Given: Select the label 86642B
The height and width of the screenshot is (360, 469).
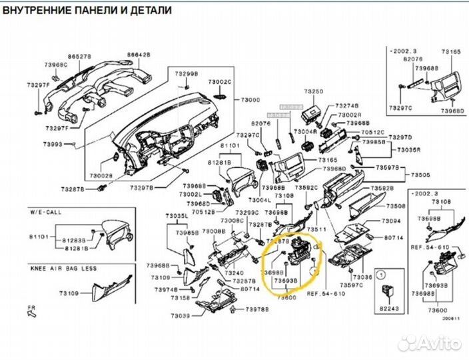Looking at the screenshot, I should pyautogui.click(x=139, y=55).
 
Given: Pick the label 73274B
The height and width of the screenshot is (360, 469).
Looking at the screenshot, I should pyautogui.click(x=346, y=105).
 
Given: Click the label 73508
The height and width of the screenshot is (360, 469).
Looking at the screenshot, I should pyautogui.click(x=396, y=207).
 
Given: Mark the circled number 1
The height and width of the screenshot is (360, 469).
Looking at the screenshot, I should pyautogui.click(x=382, y=274).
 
